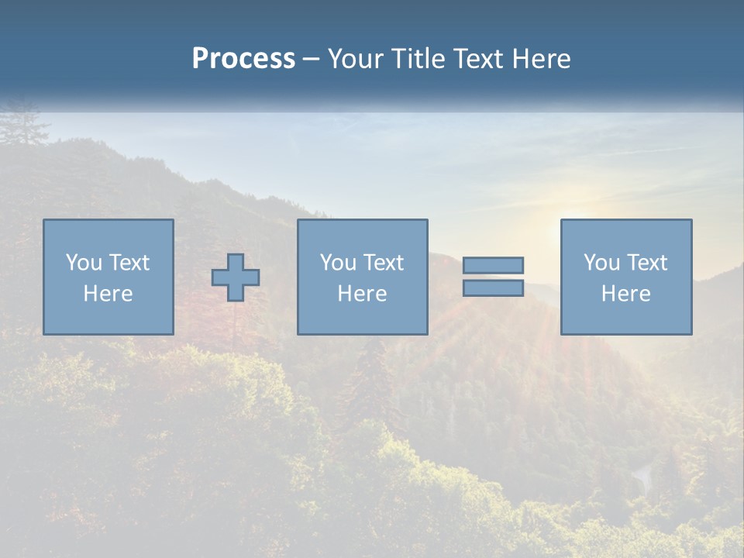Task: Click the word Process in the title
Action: [243, 59]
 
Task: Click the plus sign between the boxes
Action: [236, 277]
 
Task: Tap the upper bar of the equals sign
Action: [493, 265]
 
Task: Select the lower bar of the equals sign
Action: [493, 288]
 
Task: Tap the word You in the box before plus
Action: [84, 263]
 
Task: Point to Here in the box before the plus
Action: [108, 294]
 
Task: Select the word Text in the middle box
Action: [384, 263]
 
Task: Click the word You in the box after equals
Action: [601, 263]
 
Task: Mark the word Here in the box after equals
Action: [625, 294]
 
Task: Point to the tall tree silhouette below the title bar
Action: [23, 128]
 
